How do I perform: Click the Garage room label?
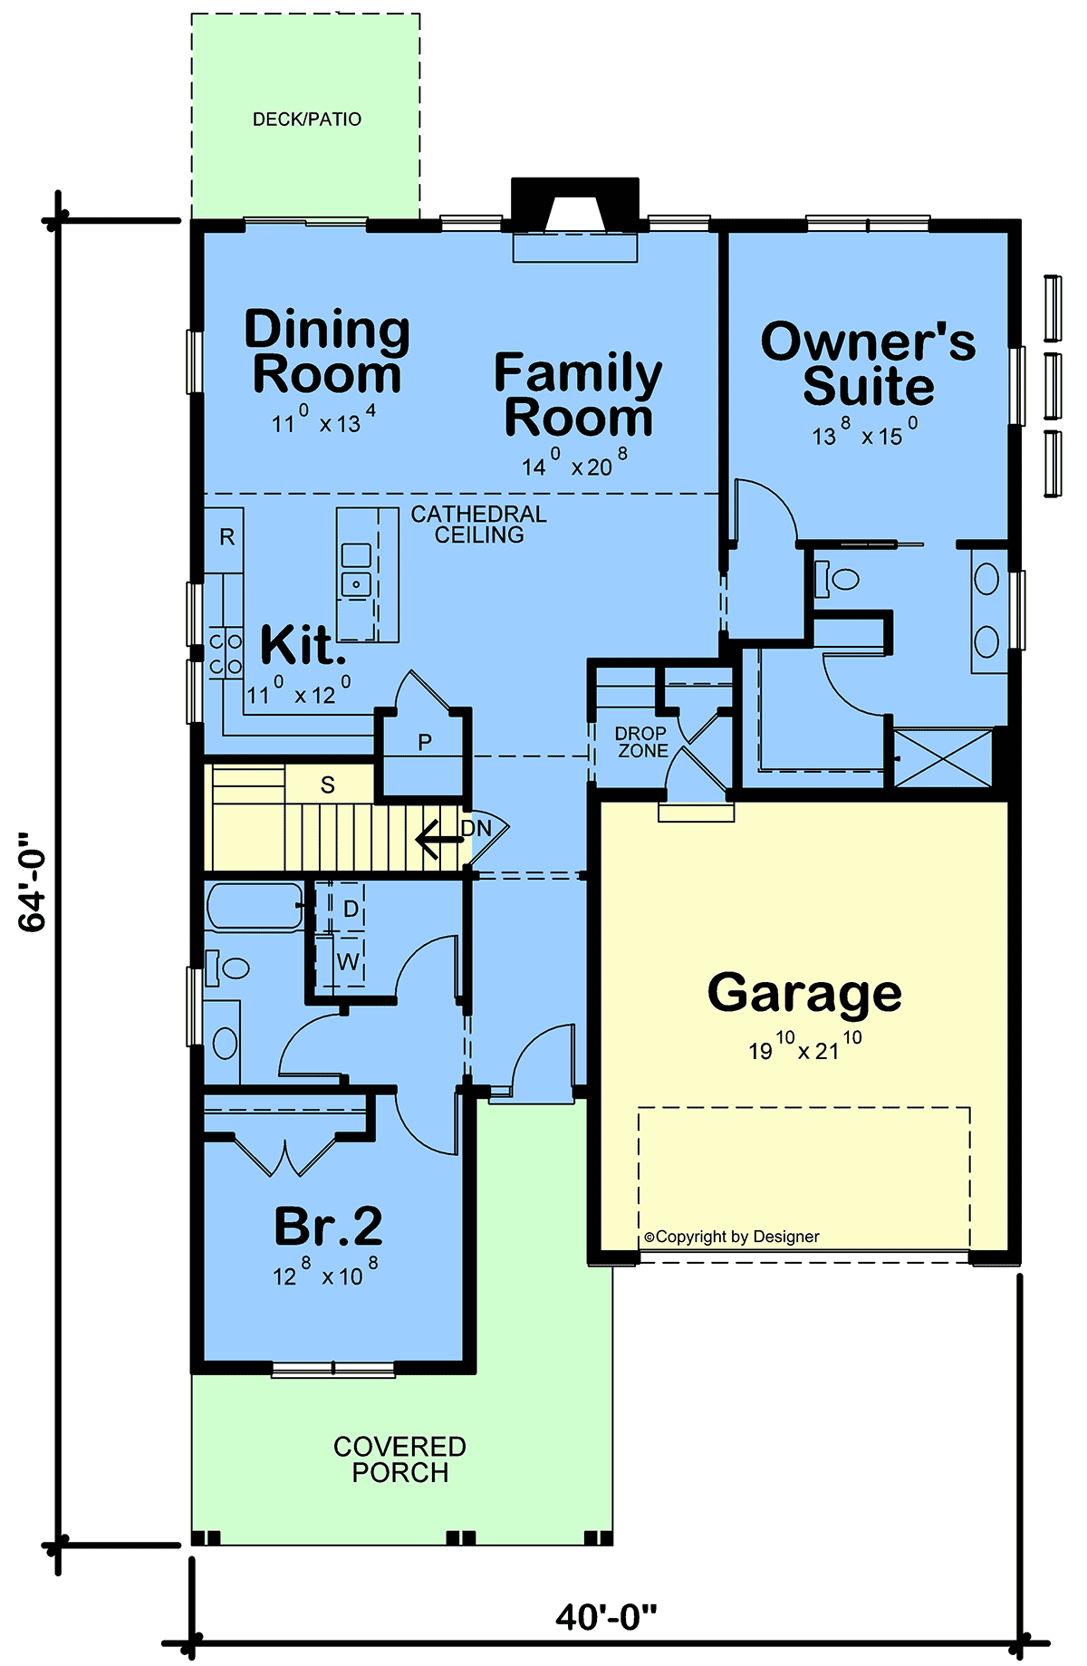(804, 994)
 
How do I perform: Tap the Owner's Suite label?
(868, 363)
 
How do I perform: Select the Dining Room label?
(327, 351)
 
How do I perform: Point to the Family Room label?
(578, 395)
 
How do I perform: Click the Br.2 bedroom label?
(328, 1227)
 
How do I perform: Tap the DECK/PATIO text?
(307, 120)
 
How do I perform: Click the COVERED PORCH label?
(399, 1459)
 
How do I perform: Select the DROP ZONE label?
(642, 742)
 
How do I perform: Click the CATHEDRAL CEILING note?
(479, 525)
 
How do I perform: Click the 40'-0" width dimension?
(606, 1616)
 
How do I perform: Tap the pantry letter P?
(425, 743)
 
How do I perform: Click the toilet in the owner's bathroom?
(837, 579)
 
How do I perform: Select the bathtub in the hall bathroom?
(255, 907)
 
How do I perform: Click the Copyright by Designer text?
(732, 1237)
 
